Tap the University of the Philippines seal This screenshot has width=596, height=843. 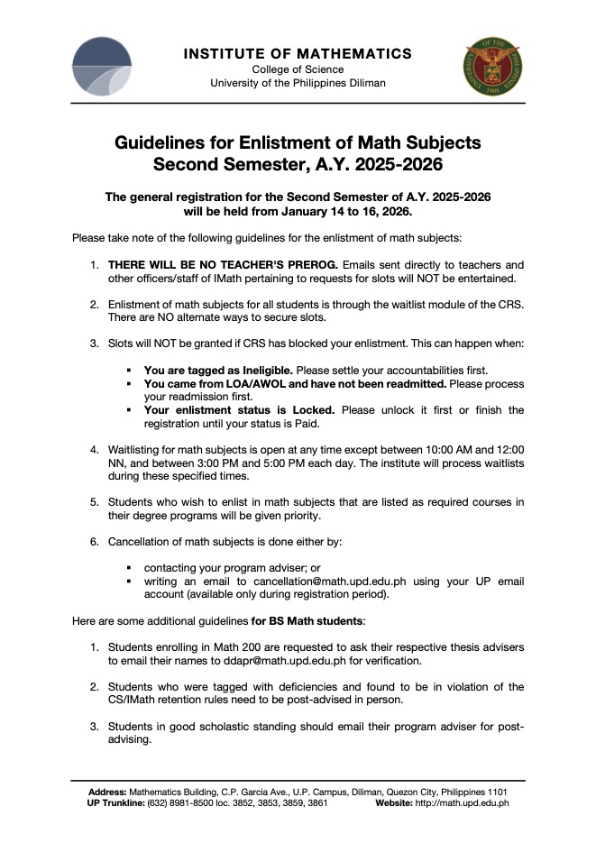[494, 68]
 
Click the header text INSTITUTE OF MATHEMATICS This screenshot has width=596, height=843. [298, 54]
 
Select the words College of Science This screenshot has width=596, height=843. [298, 69]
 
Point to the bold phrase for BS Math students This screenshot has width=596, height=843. [307, 621]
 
